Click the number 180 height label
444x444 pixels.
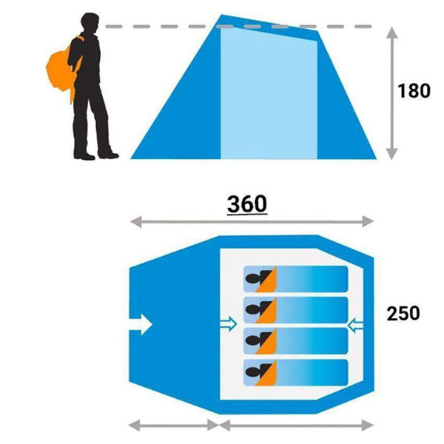(x=414, y=90)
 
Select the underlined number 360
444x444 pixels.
(x=247, y=204)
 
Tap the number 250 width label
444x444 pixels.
(x=403, y=313)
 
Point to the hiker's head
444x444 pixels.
(x=90, y=23)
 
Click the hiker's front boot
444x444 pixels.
(x=108, y=155)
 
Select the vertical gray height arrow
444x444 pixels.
(x=392, y=93)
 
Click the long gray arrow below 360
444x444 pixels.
(x=252, y=221)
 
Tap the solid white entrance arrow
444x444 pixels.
(x=141, y=325)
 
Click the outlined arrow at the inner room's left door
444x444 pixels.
(x=228, y=324)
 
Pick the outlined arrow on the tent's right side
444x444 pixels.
(x=355, y=325)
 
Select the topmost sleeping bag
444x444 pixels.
(x=295, y=279)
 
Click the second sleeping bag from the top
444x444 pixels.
(x=295, y=310)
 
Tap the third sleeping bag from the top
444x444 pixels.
(x=295, y=341)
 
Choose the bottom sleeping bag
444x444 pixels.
(x=295, y=372)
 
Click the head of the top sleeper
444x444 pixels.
(x=252, y=279)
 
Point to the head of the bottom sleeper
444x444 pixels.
(x=252, y=372)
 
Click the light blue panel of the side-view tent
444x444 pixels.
(x=269, y=93)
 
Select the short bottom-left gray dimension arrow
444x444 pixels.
(x=174, y=425)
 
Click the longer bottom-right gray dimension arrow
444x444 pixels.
(x=297, y=425)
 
